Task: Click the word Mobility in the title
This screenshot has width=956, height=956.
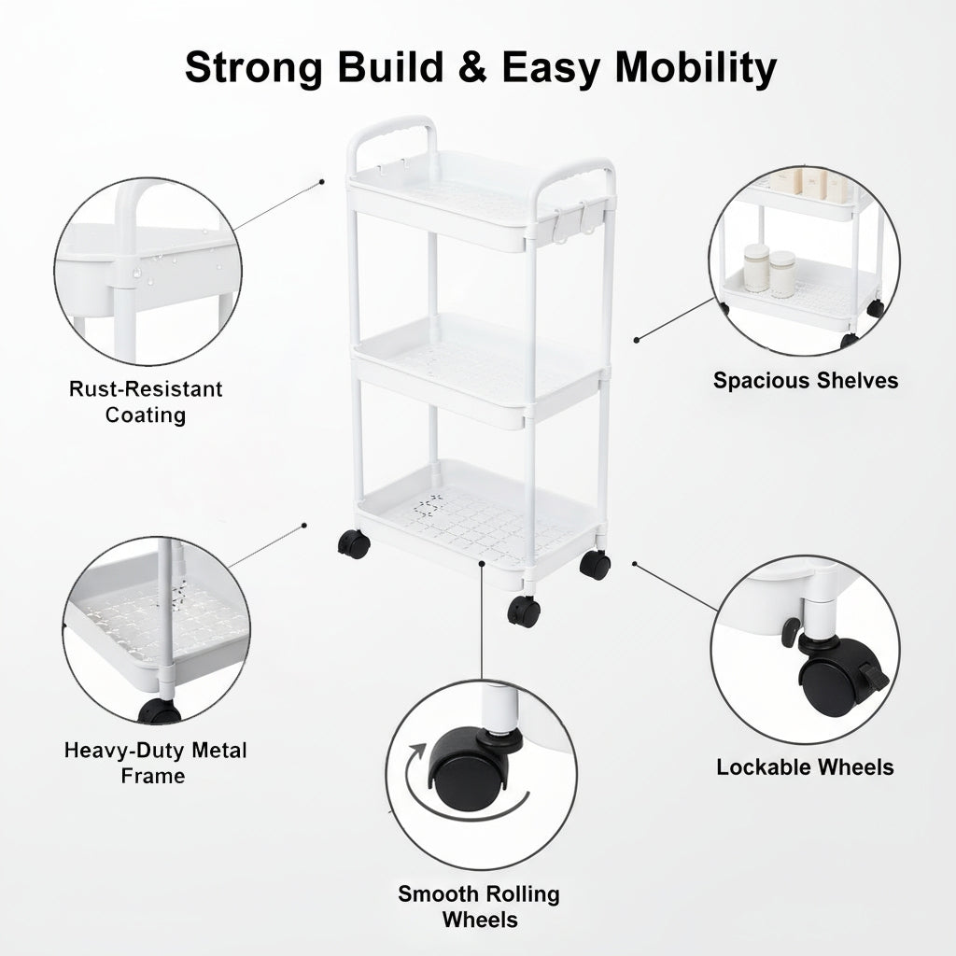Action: coord(696,67)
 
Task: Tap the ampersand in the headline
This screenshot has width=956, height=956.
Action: coord(471,66)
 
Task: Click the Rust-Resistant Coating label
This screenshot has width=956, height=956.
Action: coord(145,401)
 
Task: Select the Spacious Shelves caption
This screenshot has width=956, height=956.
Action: coord(806,381)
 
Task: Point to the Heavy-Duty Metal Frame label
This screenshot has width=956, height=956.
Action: coord(155,763)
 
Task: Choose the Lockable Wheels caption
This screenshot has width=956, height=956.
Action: coord(805,767)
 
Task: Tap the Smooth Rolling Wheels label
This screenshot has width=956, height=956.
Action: coord(479,907)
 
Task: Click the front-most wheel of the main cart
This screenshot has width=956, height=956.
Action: coord(524,611)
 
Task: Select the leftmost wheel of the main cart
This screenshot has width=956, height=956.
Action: coord(354,544)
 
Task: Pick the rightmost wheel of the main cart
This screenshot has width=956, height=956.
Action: coord(595,565)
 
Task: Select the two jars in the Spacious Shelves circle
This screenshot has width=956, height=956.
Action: coord(770,269)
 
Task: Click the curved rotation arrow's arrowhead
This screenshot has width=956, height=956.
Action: coord(417,751)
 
